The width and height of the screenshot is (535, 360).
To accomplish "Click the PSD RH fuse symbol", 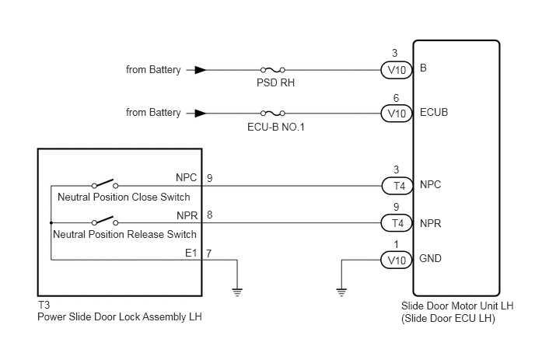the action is point(273,70).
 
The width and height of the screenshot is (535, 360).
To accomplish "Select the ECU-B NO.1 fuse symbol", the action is point(273,113).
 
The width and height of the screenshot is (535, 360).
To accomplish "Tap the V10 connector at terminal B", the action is point(397,70).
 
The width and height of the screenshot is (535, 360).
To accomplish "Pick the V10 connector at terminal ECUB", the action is point(397,114).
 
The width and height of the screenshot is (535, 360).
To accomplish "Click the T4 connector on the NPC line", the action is point(397,186).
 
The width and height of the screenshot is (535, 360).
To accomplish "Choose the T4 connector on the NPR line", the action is point(397,223).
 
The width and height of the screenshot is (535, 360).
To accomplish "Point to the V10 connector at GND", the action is point(397,260).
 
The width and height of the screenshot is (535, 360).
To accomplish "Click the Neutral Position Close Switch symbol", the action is point(105,183).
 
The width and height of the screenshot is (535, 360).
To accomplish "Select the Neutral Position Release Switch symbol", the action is point(105,221).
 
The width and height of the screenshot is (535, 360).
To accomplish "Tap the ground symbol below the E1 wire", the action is point(237,292).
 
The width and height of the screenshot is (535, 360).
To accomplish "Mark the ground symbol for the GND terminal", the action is point(341,292).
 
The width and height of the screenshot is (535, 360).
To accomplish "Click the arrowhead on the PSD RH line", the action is point(201,70).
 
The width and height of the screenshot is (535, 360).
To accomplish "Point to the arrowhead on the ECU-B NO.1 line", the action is point(201,113).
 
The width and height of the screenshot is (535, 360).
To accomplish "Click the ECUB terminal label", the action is point(434,112).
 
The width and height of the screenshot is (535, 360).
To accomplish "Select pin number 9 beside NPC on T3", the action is point(209,178).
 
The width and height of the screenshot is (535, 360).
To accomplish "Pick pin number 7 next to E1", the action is point(209,253).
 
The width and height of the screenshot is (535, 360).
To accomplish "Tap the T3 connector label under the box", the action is point(44,305).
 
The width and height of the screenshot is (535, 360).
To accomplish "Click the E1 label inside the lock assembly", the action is point(191,253).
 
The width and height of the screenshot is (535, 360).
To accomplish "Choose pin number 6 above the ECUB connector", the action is point(396,98).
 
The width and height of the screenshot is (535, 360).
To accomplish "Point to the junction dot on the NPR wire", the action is point(51,223).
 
